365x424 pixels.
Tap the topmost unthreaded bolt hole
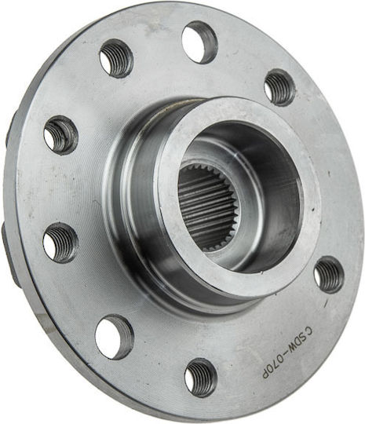[200, 42]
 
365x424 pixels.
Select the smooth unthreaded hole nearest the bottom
[115, 337]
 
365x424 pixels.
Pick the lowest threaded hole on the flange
[201, 378]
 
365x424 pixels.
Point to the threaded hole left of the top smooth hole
[116, 58]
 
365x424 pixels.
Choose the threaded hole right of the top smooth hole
[279, 87]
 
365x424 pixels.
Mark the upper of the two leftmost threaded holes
[61, 136]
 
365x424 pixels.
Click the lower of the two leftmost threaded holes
[60, 243]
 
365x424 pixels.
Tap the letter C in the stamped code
[308, 331]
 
